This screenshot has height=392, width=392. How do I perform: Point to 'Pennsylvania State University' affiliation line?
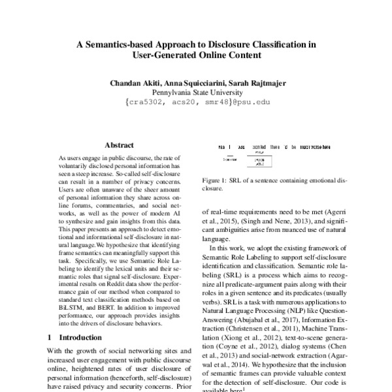(x=197, y=93)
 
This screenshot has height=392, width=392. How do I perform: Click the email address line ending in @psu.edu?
(x=197, y=103)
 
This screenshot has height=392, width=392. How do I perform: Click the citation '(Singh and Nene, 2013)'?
(x=269, y=222)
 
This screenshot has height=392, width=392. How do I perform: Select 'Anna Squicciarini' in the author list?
(x=200, y=84)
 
